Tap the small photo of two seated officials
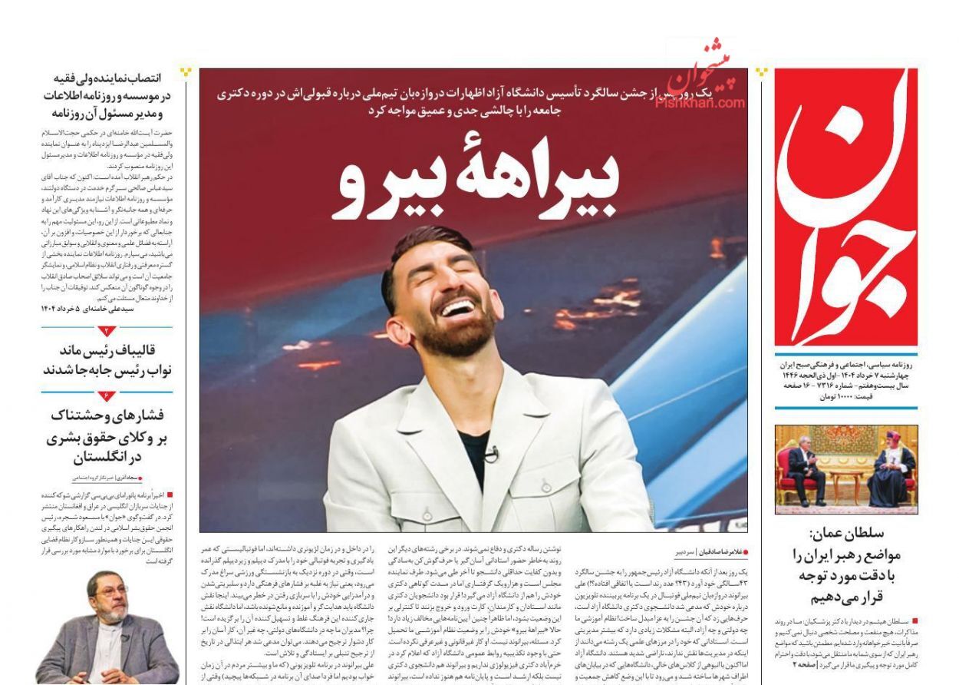tap(845, 469)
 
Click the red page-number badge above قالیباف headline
tap(108, 331)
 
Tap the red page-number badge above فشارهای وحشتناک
tap(108, 395)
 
